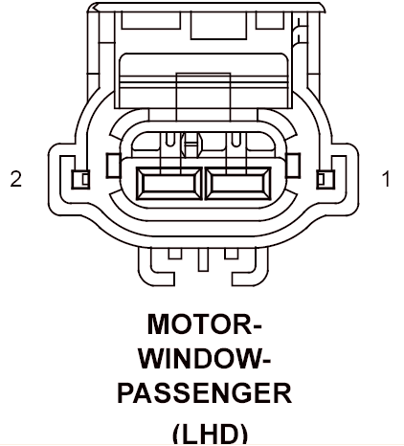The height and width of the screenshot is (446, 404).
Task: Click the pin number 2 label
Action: pyautogui.click(x=16, y=179)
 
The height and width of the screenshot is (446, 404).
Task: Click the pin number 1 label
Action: pyautogui.click(x=386, y=179)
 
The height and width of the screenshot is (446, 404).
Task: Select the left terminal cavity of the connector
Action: pyautogui.click(x=169, y=184)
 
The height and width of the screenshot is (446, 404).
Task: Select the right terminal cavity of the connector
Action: pyautogui.click(x=238, y=184)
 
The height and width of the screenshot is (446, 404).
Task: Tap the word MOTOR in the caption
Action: pyautogui.click(x=205, y=324)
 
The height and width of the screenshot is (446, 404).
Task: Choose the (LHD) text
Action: pyautogui.click(x=210, y=435)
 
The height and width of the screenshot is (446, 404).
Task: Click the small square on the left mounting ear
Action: pyautogui.click(x=80, y=179)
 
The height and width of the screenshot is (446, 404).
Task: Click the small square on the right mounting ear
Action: pyautogui.click(x=325, y=179)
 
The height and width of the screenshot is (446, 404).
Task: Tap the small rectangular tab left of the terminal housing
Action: pyautogui.click(x=112, y=166)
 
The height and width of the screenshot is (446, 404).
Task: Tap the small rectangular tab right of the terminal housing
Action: pyautogui.click(x=294, y=166)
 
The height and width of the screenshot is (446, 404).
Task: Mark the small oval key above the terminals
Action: pyautogui.click(x=191, y=145)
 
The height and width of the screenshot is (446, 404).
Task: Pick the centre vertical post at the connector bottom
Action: pyautogui.click(x=203, y=259)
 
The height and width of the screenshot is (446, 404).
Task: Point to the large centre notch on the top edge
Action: pyautogui.click(x=218, y=26)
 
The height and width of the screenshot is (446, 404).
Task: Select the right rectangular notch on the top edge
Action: pyautogui.click(x=270, y=20)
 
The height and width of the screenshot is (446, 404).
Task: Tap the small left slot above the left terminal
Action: pyautogui.click(x=170, y=140)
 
